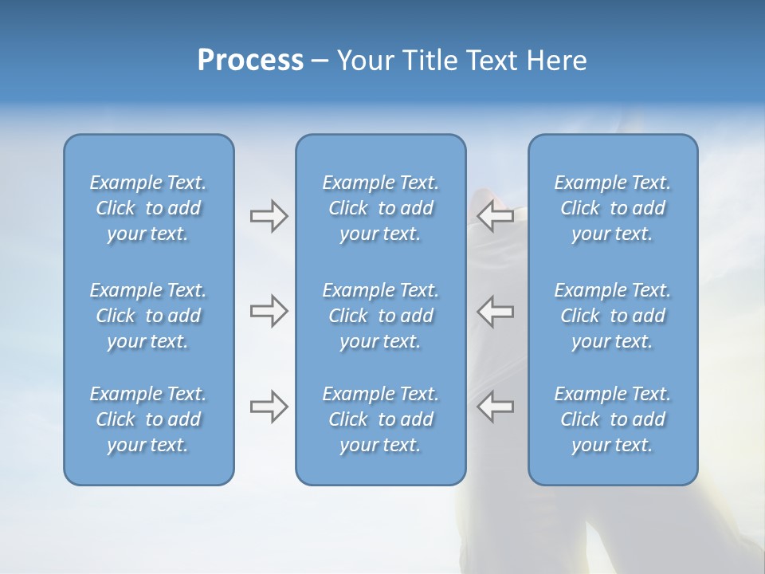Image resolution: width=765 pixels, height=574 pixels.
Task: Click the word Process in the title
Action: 250,61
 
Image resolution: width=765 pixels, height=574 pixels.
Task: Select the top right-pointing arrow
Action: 269,216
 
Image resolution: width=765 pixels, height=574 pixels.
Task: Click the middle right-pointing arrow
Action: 269,310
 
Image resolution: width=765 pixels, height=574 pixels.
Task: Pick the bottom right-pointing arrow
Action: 269,406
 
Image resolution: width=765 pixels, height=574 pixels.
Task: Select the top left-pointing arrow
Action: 496,215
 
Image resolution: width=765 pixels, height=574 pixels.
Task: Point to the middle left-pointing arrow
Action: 496,310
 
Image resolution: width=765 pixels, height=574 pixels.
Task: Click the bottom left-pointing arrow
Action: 496,406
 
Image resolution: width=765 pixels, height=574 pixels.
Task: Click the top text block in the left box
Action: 148,208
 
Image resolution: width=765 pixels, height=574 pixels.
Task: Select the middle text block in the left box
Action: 148,316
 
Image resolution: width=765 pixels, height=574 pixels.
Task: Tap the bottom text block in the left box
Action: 148,419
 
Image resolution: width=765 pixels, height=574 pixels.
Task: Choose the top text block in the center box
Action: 381,208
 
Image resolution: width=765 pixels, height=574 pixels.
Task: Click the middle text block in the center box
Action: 381,316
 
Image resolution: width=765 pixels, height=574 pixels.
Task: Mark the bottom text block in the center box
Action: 381,419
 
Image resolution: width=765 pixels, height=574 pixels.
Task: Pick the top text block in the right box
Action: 613,208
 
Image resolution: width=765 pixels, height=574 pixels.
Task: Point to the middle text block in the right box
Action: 613,316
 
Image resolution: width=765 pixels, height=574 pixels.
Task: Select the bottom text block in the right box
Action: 613,419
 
